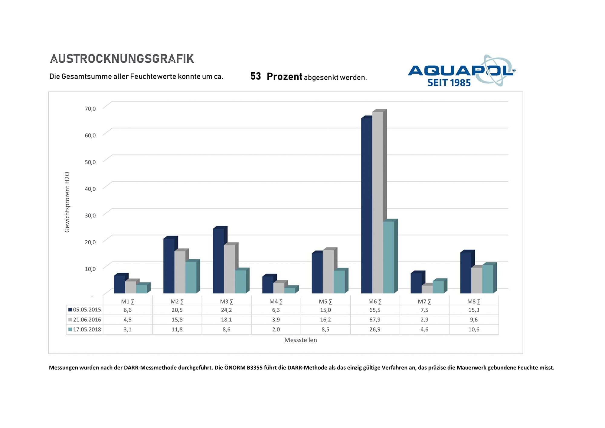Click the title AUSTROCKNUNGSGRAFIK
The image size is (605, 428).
pyautogui.click(x=122, y=59)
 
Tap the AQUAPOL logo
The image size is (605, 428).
pyautogui.click(x=461, y=71)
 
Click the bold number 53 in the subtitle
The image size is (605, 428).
pyautogui.click(x=256, y=76)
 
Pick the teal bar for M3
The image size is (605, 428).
pyautogui.click(x=240, y=281)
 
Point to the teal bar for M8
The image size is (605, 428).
pyautogui.click(x=488, y=279)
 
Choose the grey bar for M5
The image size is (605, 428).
pyautogui.click(x=328, y=271)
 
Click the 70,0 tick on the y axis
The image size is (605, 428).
pyautogui.click(x=90, y=109)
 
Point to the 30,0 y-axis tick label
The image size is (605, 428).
pyautogui.click(x=90, y=216)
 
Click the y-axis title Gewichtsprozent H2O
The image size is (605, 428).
pyautogui.click(x=67, y=202)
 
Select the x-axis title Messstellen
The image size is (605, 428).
pyautogui.click(x=301, y=340)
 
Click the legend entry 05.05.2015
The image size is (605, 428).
pyautogui.click(x=85, y=310)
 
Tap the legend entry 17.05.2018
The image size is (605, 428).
pyautogui.click(x=85, y=329)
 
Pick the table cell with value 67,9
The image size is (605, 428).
pyautogui.click(x=375, y=320)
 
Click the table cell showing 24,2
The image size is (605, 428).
pyautogui.click(x=226, y=310)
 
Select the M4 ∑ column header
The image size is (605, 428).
pyautogui.click(x=276, y=301)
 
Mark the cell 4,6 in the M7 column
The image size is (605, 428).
pyautogui.click(x=424, y=329)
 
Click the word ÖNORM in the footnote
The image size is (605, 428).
pyautogui.click(x=235, y=368)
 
